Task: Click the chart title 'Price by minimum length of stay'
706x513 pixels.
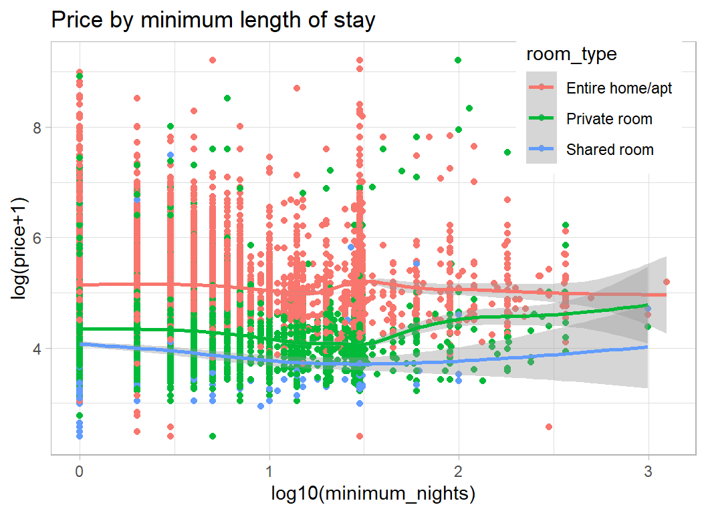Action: [x=213, y=21]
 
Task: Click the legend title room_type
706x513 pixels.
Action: [x=571, y=54]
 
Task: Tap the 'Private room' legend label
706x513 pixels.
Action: [x=609, y=119]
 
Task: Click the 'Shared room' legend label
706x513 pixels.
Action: [x=610, y=150]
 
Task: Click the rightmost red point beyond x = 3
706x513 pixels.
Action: [x=666, y=282]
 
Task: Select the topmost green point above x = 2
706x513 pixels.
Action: [x=458, y=60]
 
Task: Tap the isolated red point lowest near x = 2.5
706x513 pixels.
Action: [x=549, y=427]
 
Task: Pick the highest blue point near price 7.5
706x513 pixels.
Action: [x=170, y=155]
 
